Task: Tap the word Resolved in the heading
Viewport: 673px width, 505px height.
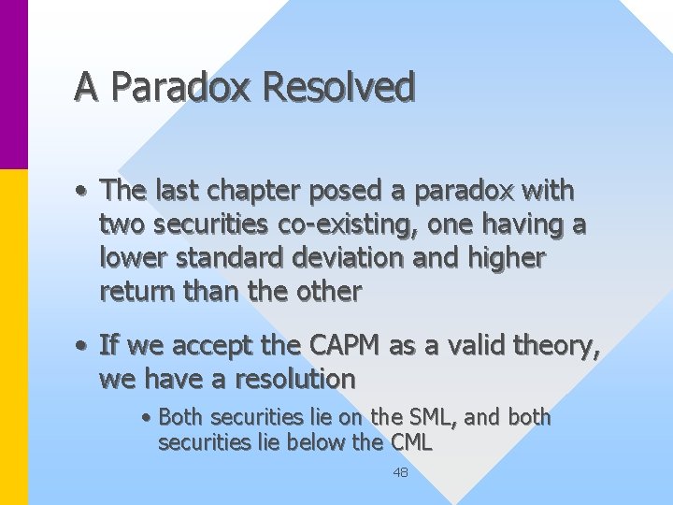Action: pos(339,87)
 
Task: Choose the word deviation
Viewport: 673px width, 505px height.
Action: pos(352,257)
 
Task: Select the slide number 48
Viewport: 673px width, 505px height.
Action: pos(400,473)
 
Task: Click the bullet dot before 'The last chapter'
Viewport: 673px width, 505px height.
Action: pos(84,192)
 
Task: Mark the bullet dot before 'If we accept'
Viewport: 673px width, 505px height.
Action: pos(84,347)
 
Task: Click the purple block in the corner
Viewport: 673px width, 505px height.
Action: pos(13,84)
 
